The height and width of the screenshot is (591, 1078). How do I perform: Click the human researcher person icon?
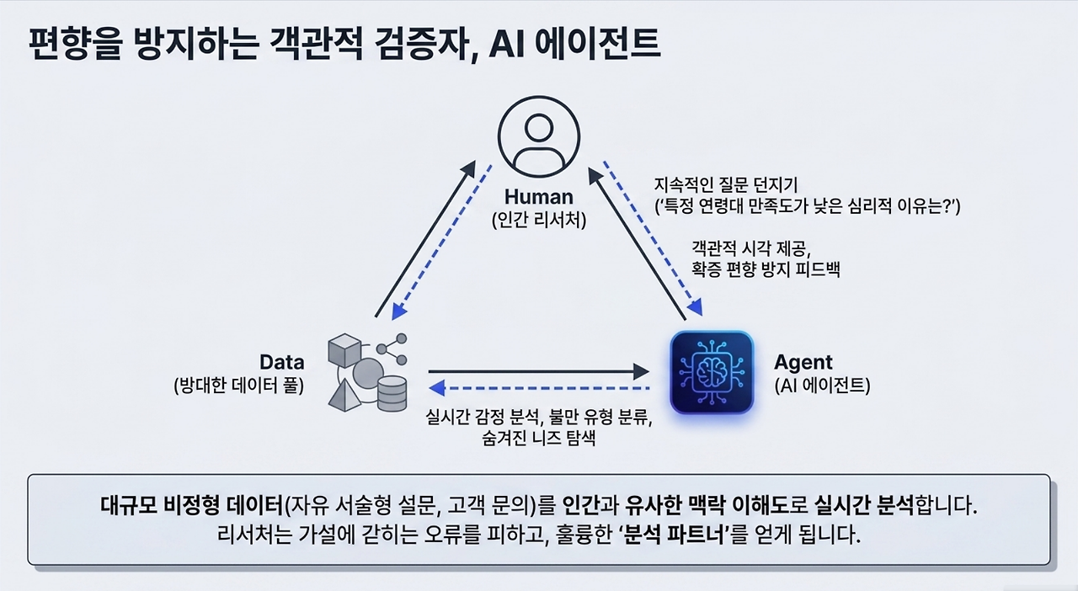(539, 137)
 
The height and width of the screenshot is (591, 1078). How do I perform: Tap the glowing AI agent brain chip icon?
(712, 372)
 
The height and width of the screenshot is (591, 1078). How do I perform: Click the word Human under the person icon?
(538, 197)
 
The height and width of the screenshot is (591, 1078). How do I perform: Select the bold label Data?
(282, 362)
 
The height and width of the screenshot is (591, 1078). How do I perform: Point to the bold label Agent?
(803, 362)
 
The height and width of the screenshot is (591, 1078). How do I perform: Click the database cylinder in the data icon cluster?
(392, 393)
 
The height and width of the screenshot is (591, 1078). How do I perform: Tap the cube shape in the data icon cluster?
(344, 350)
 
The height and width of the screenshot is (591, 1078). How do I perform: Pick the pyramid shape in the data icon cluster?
(345, 395)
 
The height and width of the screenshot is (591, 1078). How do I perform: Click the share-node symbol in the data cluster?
(392, 349)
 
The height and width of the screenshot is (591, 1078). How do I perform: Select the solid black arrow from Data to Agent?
(539, 371)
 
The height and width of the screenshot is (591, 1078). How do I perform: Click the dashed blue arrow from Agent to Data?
(539, 388)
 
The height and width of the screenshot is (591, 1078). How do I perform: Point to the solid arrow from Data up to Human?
(425, 239)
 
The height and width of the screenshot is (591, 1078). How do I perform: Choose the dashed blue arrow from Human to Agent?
(653, 239)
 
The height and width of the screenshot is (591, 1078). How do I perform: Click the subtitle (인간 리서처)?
(539, 221)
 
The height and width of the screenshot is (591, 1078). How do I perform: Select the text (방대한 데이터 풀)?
(238, 386)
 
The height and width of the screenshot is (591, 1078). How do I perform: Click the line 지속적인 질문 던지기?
(725, 185)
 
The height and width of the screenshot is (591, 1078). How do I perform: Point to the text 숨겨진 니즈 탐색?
(538, 438)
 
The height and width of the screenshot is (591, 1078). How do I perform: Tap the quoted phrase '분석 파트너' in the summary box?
(673, 535)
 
